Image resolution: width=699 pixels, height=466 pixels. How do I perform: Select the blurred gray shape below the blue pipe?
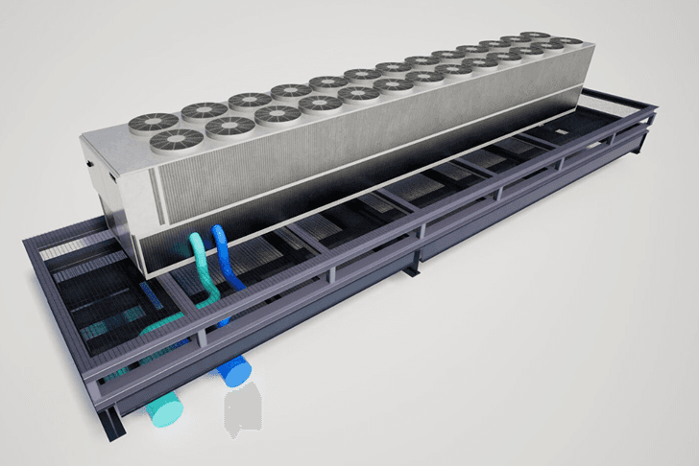tap(244, 411)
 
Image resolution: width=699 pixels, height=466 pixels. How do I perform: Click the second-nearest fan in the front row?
tap(229, 125)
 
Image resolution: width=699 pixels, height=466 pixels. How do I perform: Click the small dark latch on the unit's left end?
tap(88, 166)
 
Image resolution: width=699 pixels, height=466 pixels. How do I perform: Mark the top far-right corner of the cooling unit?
tap(582, 40)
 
